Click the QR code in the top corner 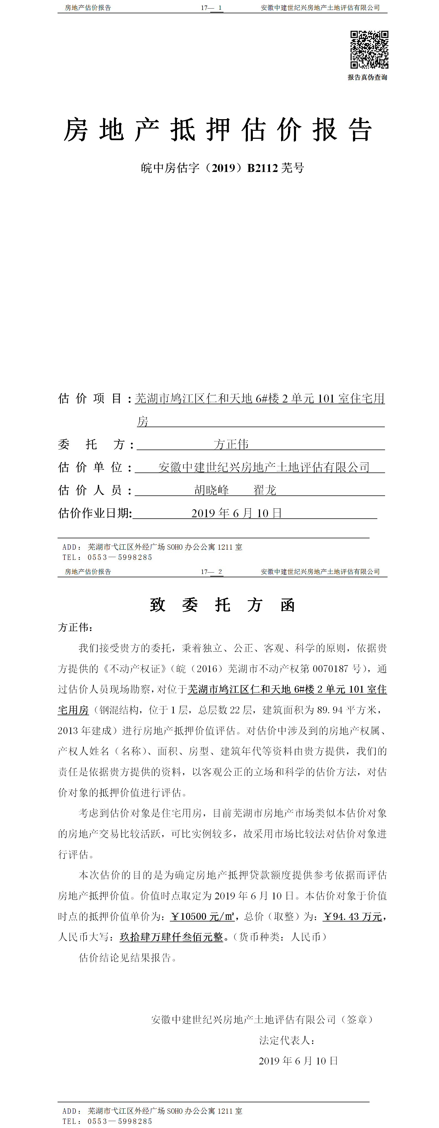tap(369, 49)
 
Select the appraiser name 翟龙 tap(265, 490)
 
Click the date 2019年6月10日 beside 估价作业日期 tap(237, 513)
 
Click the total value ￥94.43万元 tap(353, 916)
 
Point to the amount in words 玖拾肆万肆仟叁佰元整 tap(171, 937)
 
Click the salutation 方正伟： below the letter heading tap(75, 628)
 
